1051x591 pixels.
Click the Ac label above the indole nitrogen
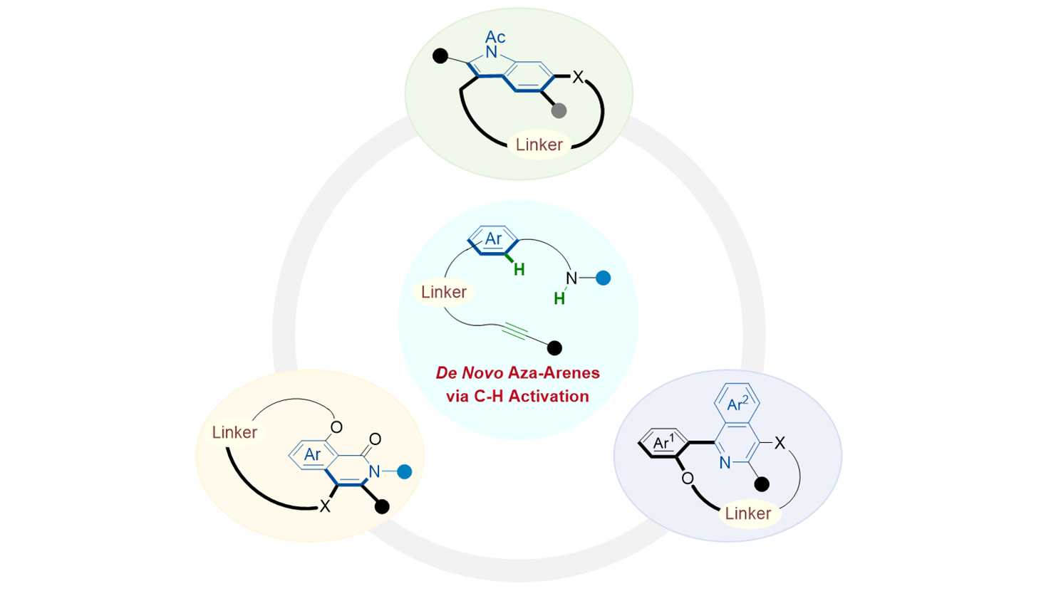[495, 36]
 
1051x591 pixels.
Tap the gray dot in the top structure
[559, 110]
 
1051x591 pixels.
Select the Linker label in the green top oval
[539, 145]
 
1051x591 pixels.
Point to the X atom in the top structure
[578, 77]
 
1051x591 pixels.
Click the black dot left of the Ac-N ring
[440, 55]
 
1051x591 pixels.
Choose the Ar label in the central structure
[493, 239]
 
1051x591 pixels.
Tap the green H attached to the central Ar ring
[519, 269]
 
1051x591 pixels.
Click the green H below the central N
[559, 299]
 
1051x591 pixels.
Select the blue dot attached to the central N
[603, 278]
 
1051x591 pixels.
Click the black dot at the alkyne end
[554, 347]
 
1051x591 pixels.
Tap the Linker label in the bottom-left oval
[234, 432]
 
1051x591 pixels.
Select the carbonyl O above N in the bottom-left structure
[376, 439]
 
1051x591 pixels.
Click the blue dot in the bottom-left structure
[404, 471]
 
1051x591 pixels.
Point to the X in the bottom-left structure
[325, 506]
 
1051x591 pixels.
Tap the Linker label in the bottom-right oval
[747, 513]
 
